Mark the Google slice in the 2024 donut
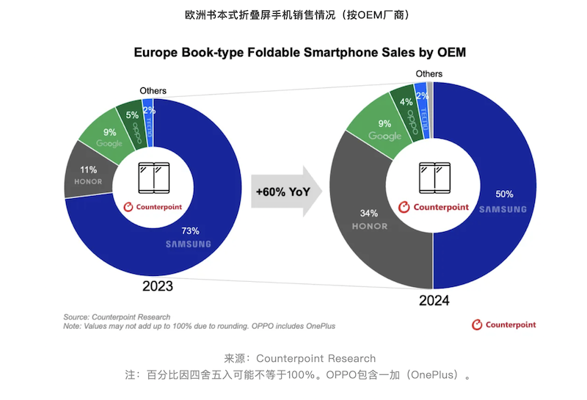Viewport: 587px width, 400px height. (x=384, y=128)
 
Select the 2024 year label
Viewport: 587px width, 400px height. (x=434, y=301)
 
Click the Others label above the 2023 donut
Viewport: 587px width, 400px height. (x=153, y=90)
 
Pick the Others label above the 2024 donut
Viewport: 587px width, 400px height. (x=429, y=73)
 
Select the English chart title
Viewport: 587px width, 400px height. (x=299, y=53)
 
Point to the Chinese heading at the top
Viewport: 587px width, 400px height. (x=293, y=14)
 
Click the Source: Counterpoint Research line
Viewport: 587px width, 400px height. (x=117, y=317)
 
